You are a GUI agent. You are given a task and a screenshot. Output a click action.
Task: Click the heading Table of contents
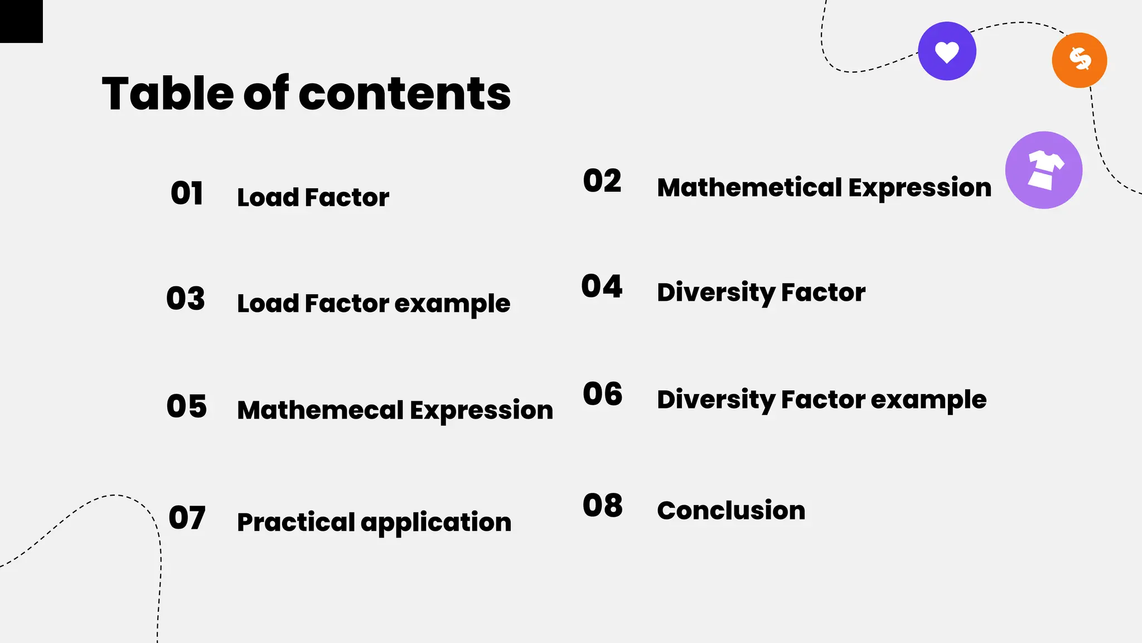(x=306, y=93)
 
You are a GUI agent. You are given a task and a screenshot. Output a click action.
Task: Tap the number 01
(x=187, y=194)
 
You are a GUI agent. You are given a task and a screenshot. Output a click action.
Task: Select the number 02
(x=602, y=181)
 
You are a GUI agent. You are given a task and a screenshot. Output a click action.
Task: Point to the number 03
(x=186, y=299)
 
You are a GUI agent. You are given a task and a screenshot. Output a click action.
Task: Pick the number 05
(x=187, y=406)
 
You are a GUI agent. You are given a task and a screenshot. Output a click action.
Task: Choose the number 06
(x=603, y=394)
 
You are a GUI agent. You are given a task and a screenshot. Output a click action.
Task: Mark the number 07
(x=187, y=518)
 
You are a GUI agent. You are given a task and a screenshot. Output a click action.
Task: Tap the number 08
(x=603, y=506)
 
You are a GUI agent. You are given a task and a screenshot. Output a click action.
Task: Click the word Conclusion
(x=731, y=511)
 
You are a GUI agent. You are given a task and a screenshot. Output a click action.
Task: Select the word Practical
(x=296, y=522)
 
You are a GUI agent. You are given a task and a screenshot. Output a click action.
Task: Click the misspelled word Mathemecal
(x=320, y=410)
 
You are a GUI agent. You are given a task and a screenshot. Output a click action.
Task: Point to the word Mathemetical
(x=749, y=188)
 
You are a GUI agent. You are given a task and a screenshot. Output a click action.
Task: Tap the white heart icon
(x=947, y=52)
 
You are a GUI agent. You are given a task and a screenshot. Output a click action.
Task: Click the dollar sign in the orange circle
(x=1080, y=59)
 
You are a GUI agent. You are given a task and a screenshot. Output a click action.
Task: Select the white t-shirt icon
(x=1044, y=170)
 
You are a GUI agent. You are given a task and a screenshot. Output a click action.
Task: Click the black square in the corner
(x=21, y=21)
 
